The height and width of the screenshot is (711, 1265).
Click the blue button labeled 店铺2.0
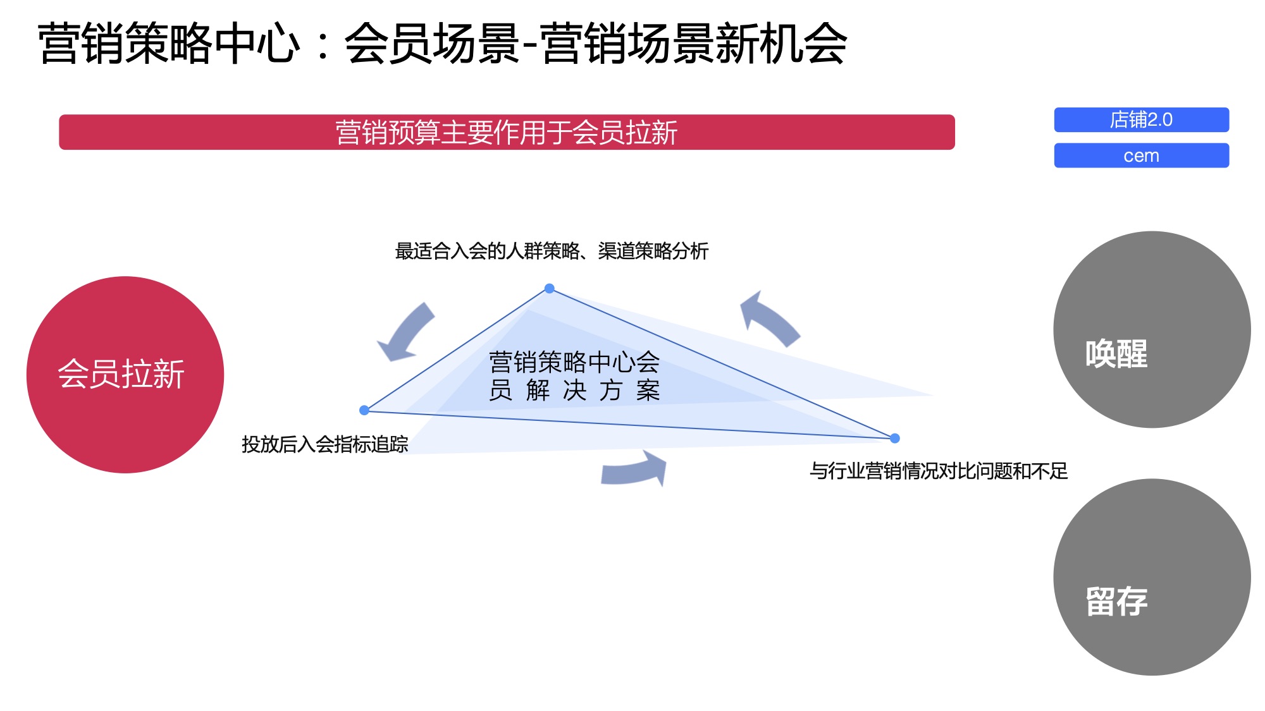1141,119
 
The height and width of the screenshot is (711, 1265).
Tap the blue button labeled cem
1141,155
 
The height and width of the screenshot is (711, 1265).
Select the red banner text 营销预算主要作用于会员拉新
506,133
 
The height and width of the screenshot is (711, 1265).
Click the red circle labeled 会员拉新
125,374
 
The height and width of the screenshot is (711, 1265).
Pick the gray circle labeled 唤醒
1151,329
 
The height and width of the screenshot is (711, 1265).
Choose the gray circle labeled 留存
1151,576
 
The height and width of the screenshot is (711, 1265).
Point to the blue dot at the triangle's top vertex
550,289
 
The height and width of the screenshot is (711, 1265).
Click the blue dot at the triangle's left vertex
364,410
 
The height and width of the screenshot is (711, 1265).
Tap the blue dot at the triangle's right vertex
894,438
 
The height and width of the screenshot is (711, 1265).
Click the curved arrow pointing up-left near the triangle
768,319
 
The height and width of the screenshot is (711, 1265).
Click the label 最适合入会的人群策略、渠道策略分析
552,251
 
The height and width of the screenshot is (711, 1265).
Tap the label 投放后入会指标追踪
324,444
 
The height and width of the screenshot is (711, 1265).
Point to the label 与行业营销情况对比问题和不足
939,471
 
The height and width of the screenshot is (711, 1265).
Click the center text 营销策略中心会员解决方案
574,376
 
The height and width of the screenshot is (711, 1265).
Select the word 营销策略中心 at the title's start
169,43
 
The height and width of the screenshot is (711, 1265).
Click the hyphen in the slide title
531,44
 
